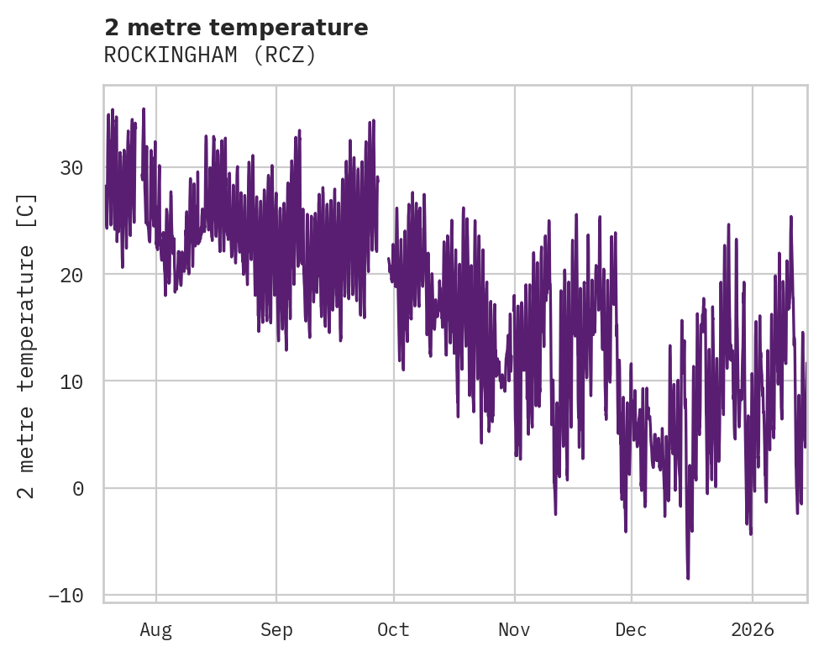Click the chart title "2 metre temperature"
[236, 28]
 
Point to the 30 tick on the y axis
[71, 167]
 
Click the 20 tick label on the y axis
[71, 274]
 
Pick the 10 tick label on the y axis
[71, 381]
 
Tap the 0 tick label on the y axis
[78, 488]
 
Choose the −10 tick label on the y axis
[66, 595]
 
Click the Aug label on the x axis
[155, 629]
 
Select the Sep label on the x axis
[276, 629]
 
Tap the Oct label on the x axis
[393, 629]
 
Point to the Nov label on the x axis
[514, 629]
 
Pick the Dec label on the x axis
[631, 629]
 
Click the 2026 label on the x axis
[752, 629]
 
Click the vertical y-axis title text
[27, 346]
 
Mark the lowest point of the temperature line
[688, 578]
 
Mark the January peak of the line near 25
[790, 217]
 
